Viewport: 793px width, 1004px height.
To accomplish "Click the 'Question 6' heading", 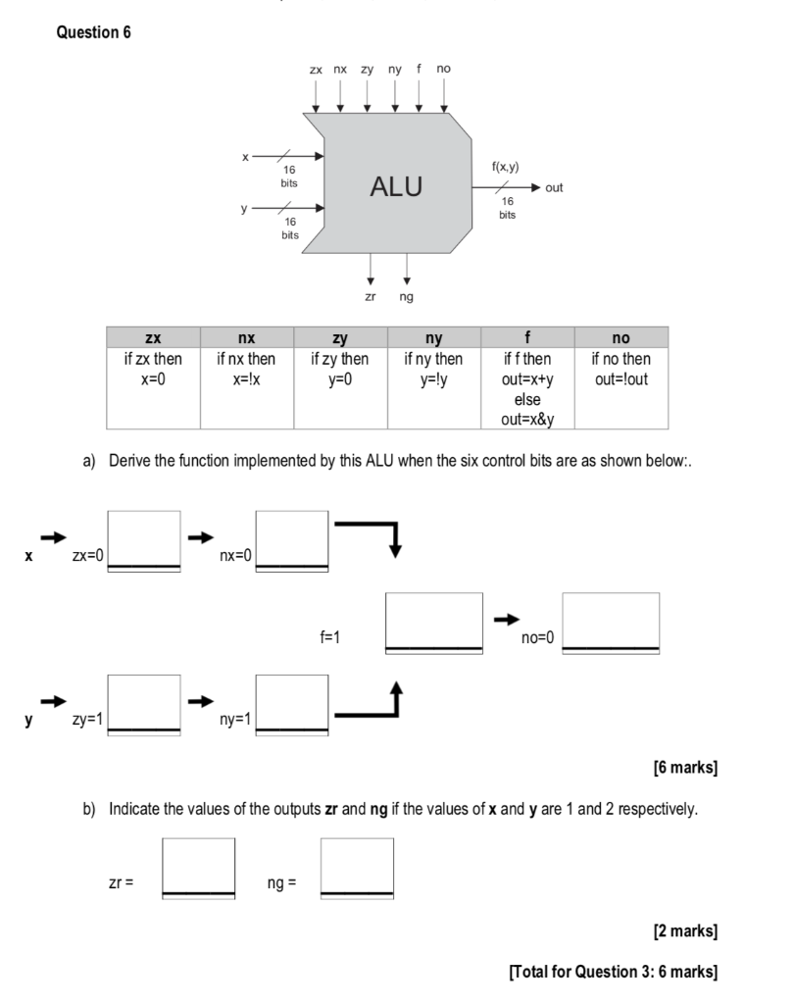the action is (93, 32).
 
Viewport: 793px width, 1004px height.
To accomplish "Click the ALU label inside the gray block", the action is (396, 186).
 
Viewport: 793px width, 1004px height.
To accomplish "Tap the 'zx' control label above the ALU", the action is (316, 70).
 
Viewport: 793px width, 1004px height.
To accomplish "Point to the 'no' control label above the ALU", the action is (443, 68).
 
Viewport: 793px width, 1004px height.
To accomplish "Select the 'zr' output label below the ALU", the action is (370, 296).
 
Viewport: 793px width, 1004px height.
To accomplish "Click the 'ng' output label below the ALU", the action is (407, 297).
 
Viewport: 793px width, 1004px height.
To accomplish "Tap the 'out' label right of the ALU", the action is (554, 187).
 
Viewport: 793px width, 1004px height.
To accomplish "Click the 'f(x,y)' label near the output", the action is (506, 167).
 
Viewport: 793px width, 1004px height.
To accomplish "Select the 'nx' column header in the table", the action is (246, 337).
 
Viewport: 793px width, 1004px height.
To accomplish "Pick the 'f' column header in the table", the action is (527, 337).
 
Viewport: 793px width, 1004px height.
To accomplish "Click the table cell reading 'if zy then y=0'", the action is (340, 388).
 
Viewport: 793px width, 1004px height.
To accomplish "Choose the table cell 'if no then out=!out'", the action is (620, 388).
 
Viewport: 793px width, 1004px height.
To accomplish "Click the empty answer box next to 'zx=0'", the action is (144, 540).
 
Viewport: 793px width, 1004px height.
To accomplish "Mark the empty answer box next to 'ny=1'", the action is (292, 705).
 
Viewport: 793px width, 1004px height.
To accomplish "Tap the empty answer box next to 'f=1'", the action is (434, 623).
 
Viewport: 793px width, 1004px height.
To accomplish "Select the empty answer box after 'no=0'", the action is (611, 623).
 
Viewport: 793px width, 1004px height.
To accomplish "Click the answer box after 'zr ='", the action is (198, 869).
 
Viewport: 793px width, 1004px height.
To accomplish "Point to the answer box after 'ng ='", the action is (357, 869).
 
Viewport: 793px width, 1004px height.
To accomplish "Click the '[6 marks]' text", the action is (685, 767).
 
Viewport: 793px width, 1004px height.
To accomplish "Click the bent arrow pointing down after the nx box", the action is (395, 526).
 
